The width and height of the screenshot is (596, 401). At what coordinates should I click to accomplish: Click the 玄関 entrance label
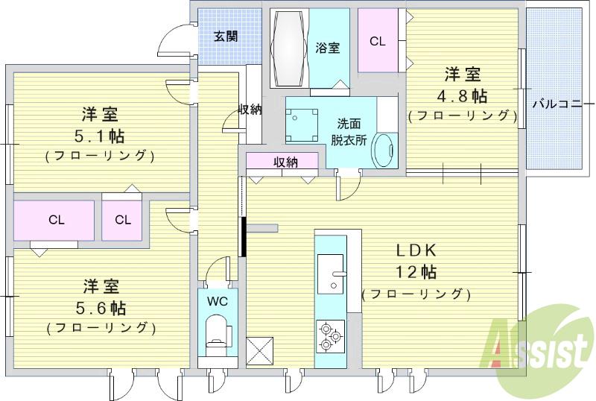226,36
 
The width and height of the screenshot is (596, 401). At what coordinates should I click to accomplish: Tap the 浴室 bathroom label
328,48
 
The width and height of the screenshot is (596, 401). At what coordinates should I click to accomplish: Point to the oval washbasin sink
384,151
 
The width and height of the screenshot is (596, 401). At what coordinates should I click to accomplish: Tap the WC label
218,302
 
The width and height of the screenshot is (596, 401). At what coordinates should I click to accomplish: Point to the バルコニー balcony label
557,104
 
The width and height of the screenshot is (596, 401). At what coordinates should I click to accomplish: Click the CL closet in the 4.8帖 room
378,42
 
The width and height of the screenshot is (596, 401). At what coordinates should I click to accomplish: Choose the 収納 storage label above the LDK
285,162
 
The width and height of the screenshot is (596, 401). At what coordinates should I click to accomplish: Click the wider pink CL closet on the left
55,220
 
